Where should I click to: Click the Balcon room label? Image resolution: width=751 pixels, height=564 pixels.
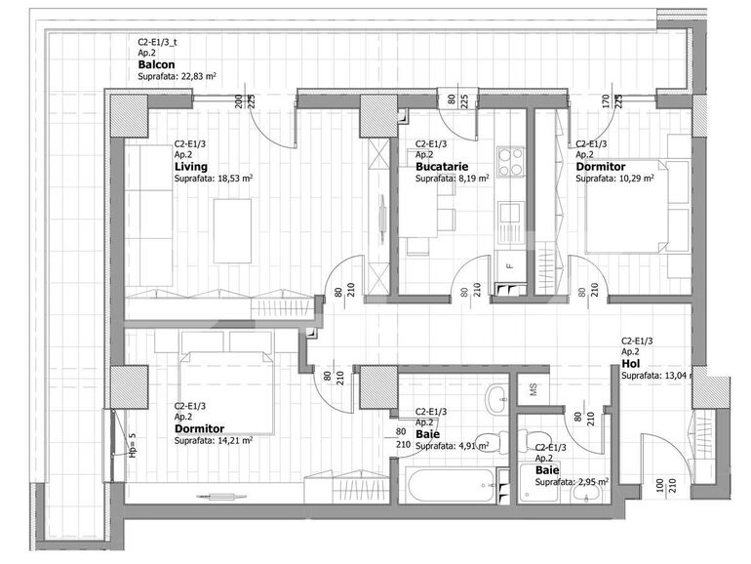(157, 65)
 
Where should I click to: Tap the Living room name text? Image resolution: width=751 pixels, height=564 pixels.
(190, 167)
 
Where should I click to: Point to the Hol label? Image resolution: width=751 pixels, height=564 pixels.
(630, 363)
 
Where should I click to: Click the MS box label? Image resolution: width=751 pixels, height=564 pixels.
(533, 389)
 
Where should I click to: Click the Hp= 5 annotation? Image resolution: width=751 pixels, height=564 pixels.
(132, 445)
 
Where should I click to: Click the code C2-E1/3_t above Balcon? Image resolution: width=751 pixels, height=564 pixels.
(158, 42)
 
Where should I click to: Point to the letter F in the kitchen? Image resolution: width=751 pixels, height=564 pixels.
(508, 263)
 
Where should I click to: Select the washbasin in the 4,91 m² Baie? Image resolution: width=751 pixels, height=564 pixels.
(496, 395)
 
